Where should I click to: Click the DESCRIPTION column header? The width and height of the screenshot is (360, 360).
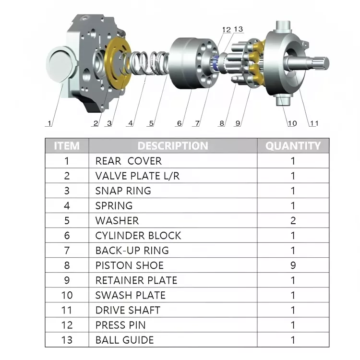coord(173,146)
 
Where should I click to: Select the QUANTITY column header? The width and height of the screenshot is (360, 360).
coord(293,146)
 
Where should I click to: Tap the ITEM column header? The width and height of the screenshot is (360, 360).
coord(67,146)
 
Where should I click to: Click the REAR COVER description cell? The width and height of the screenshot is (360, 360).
coord(128,161)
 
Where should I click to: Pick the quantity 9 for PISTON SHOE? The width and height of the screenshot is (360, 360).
coord(293,265)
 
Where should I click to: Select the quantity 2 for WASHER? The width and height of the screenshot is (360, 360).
coord(293,221)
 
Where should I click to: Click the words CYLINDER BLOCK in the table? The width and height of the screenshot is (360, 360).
coord(138,236)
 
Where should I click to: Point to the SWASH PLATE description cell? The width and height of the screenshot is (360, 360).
coord(130,295)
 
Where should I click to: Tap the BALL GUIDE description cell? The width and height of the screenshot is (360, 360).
coord(124,340)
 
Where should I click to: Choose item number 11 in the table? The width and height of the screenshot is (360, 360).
coord(67,310)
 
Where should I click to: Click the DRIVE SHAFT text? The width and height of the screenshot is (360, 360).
coord(128,310)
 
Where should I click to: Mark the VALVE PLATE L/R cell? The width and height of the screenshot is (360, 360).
coord(137,176)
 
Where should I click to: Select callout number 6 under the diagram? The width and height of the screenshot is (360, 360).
coord(180,123)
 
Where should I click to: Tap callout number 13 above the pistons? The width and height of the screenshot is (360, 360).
coord(238,30)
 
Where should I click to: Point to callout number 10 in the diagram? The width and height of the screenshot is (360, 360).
coord(292,123)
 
